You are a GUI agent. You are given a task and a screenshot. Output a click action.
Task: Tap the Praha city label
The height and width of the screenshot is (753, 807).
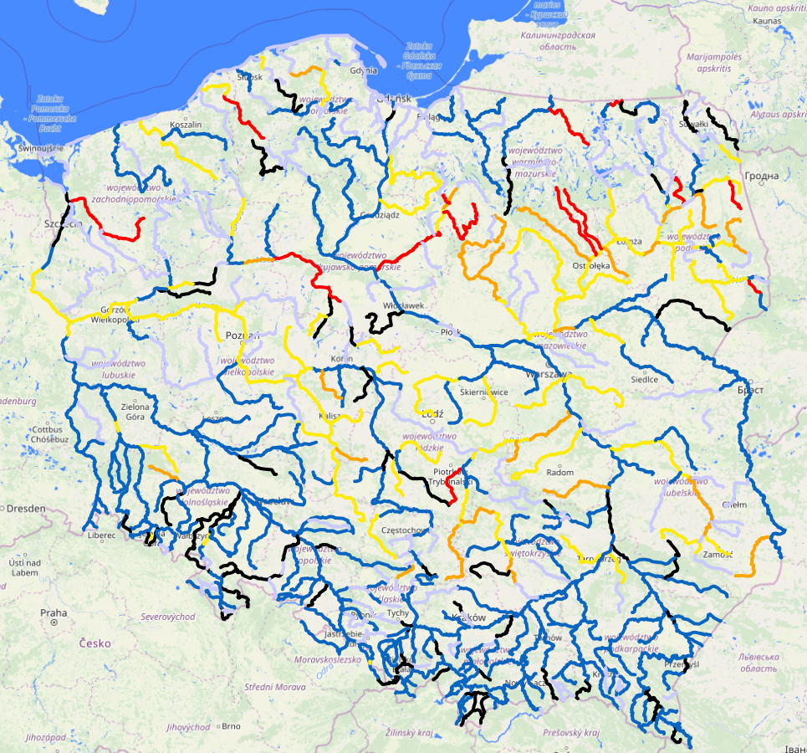(53, 612)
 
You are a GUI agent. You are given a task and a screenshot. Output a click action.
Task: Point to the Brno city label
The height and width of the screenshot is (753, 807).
(231, 726)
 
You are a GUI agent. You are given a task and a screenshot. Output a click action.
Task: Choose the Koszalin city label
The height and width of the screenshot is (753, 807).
(186, 125)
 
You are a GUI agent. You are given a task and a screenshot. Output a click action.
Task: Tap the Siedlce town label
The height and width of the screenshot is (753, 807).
(644, 379)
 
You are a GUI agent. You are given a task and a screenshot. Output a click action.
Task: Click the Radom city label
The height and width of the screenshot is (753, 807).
(559, 473)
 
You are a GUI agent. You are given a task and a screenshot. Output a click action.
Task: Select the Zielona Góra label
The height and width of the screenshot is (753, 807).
(135, 411)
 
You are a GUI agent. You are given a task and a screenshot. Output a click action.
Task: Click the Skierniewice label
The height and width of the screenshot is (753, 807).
(484, 392)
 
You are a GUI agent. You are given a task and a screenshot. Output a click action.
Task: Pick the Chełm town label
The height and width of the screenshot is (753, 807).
(733, 505)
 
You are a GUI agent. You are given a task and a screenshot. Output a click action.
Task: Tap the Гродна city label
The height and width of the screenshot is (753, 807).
(764, 176)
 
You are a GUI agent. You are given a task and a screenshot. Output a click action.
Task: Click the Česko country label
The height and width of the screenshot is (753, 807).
(95, 643)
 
